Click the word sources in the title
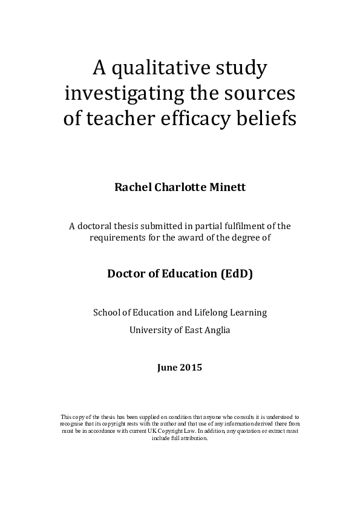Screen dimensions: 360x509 coord(264,94)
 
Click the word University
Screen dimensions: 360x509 coord(152,330)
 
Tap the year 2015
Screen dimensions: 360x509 coord(192,367)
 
